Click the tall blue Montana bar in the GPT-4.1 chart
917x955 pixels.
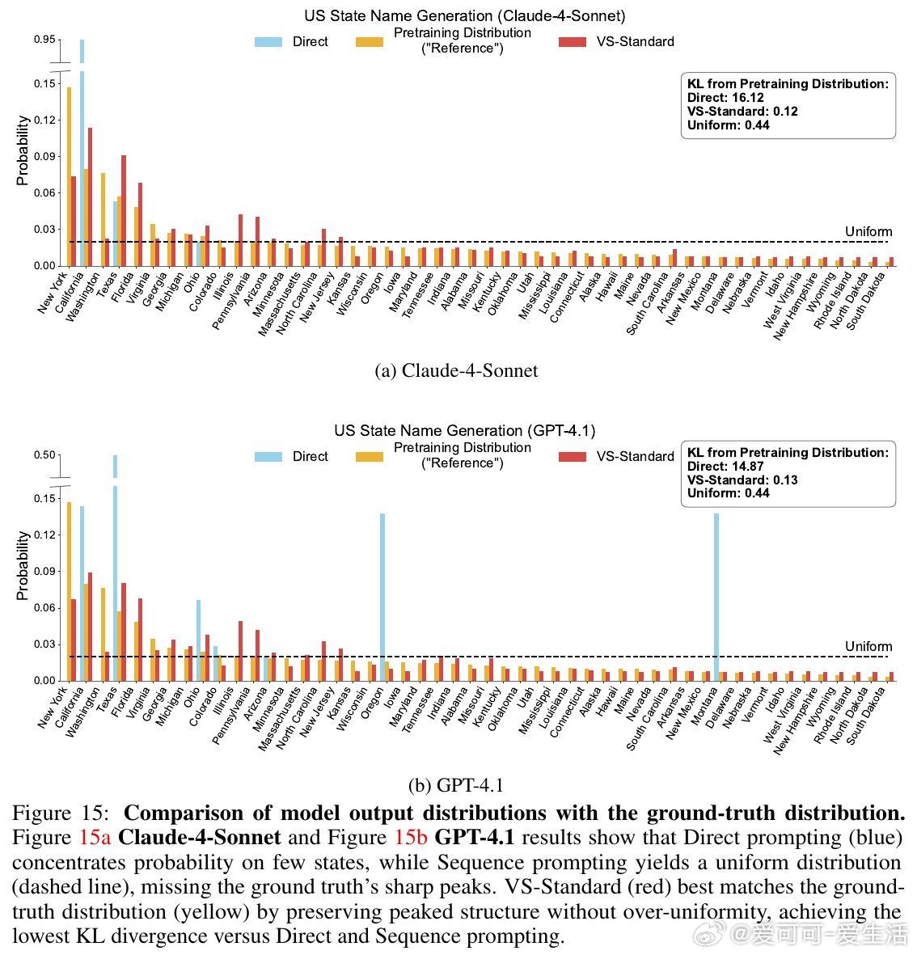point(716,596)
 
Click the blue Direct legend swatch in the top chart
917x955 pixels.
point(268,41)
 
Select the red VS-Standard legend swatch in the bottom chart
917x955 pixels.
point(573,457)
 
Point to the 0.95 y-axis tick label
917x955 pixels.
point(45,40)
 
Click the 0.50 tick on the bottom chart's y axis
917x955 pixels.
point(45,454)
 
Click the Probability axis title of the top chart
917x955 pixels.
point(23,150)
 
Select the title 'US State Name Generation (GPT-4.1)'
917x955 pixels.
point(464,430)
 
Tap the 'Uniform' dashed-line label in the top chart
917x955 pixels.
point(868,232)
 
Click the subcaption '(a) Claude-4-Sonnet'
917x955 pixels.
point(457,370)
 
